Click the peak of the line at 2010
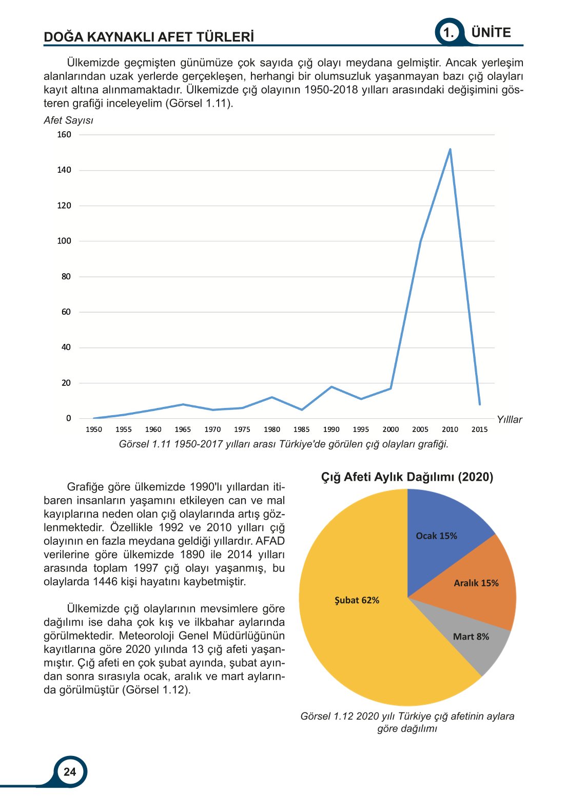point(450,149)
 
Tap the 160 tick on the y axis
point(64,135)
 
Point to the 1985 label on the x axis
point(301,429)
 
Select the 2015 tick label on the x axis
point(479,429)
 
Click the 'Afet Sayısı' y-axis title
point(68,120)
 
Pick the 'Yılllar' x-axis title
point(509,420)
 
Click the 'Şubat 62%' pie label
point(357,600)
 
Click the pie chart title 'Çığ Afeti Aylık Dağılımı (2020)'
point(407,477)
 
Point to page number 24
point(70,772)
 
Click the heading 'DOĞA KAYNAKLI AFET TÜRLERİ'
point(149,37)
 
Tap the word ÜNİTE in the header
point(491,33)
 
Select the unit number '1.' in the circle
point(448,33)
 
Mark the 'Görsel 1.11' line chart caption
point(284,444)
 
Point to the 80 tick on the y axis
point(66,277)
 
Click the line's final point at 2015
point(480,404)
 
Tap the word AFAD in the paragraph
point(270,541)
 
